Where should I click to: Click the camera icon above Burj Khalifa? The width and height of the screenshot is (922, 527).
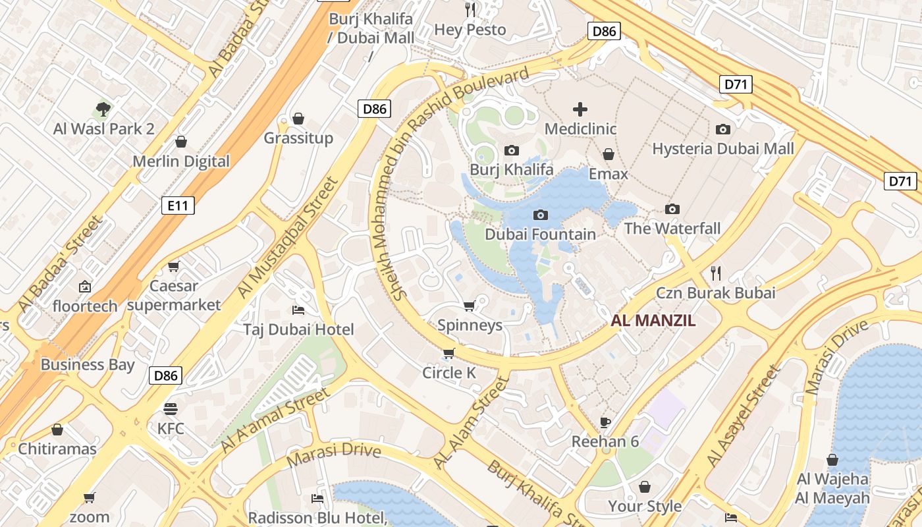coord(511,151)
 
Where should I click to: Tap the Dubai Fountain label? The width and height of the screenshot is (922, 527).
coord(540,235)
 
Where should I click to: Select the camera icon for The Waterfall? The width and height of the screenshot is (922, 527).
coord(672,209)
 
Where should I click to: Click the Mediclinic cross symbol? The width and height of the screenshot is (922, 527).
coord(580,109)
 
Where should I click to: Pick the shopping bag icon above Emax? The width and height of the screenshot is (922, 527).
coord(609,155)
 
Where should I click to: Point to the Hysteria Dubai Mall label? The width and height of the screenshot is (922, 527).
coord(723,149)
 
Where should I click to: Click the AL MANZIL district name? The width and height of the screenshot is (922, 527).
coord(653,321)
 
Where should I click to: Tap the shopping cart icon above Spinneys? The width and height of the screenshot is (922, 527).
coord(470,306)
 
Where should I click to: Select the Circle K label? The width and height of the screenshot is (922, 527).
coord(448,373)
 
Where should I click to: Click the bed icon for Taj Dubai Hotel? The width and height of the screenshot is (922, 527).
coord(298,310)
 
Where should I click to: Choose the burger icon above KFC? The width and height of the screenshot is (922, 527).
coord(171,409)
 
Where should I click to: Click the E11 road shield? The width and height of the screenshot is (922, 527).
coord(178,206)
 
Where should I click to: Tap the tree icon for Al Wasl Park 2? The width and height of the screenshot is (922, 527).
coord(103,109)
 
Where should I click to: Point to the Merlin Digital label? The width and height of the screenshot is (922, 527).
coord(181,161)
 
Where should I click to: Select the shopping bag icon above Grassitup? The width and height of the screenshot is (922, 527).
coord(298,119)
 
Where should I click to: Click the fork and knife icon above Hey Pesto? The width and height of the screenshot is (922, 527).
coord(470,9)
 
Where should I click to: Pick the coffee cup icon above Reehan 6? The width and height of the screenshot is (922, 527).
coord(605,422)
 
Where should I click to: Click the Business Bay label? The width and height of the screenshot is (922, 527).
coord(88,365)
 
